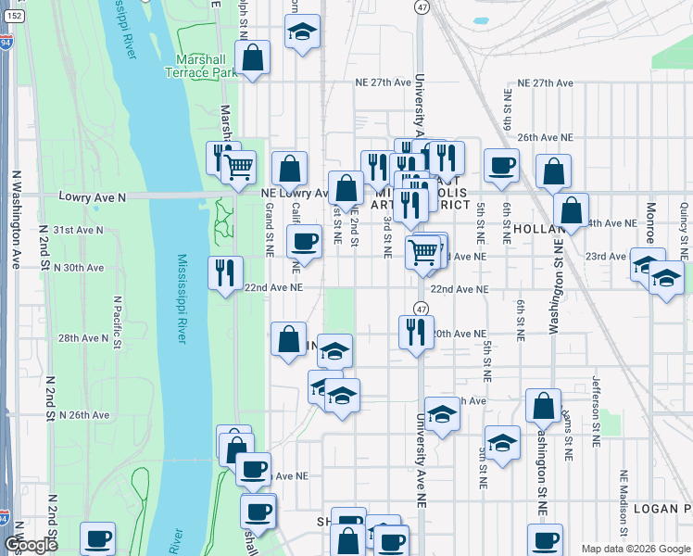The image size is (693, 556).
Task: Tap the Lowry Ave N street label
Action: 92,196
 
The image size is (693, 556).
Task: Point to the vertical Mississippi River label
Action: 183,298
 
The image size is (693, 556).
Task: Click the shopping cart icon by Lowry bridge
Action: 239,167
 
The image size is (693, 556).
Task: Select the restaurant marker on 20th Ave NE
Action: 416,331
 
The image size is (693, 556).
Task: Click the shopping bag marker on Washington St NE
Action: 543,406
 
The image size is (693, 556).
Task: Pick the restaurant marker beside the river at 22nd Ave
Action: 225,272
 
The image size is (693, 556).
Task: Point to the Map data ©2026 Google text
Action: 636,549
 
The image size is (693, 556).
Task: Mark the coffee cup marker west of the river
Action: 96,538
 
